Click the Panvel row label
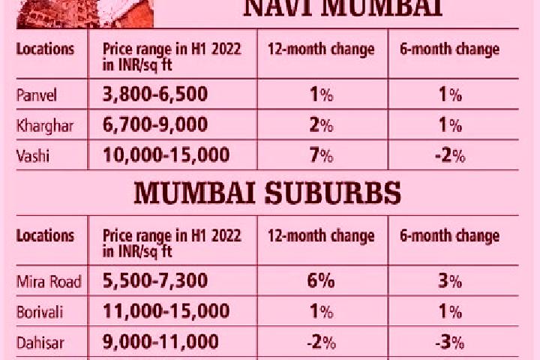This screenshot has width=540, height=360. click(37, 95)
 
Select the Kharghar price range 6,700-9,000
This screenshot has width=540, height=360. click(155, 124)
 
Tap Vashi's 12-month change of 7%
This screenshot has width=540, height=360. click(321, 155)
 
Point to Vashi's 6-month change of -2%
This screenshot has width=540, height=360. click(450, 156)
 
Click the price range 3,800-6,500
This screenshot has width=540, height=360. click(155, 94)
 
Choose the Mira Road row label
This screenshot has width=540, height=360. click(49, 282)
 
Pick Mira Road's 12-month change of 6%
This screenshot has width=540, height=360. click(321, 280)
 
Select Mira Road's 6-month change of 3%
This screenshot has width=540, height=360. click(450, 281)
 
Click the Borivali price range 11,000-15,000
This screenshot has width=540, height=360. click(166, 311)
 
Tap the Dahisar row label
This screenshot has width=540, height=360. click(40, 343)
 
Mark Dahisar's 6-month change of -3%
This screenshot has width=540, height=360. click(450, 343)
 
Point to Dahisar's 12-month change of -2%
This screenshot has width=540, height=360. click(321, 343)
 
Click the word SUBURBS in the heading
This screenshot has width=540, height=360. click(333, 193)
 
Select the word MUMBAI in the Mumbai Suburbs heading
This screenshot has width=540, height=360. click(194, 193)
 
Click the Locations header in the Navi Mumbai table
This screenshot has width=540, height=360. click(45, 49)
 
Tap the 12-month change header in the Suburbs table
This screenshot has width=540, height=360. click(321, 236)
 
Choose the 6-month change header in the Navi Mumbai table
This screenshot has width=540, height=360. click(449, 49)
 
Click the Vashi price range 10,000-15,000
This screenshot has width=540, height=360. click(166, 154)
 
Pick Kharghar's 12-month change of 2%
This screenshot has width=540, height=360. click(321, 124)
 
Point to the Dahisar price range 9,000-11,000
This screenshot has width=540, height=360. click(160, 342)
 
